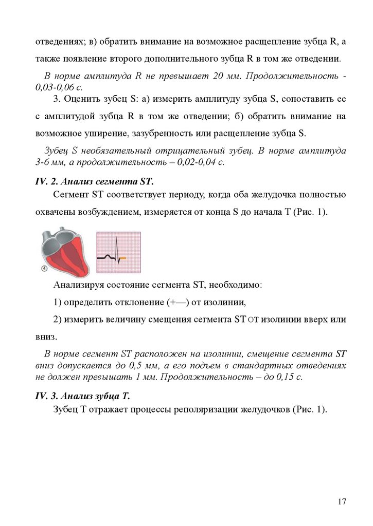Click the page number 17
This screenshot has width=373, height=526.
click(x=342, y=501)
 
